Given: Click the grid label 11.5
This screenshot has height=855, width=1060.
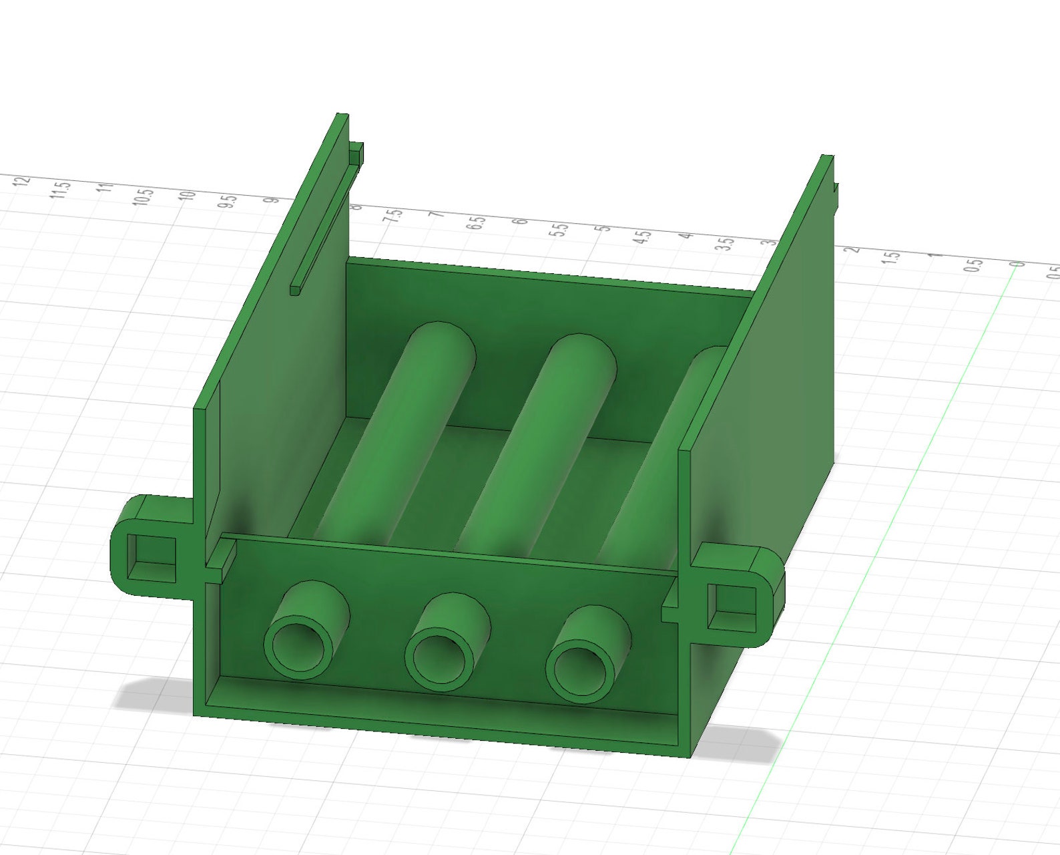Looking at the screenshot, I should click(61, 189).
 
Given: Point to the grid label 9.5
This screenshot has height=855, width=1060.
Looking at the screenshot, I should click(228, 202).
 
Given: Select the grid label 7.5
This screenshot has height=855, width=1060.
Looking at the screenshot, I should click(394, 217).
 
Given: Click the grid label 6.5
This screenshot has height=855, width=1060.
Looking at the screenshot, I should click(477, 223).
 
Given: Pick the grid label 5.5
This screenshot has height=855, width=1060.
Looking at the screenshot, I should click(561, 230).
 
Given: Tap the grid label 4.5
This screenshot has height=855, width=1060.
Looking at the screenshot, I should click(643, 236).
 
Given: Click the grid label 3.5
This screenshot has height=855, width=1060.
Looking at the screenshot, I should click(726, 244).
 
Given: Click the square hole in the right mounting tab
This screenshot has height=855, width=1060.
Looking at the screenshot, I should click(732, 607).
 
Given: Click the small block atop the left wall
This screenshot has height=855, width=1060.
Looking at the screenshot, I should click(357, 153).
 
